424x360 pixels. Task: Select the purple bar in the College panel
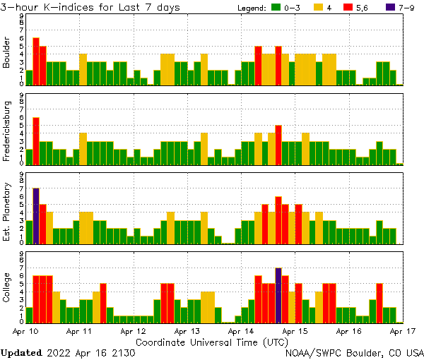click(278, 294)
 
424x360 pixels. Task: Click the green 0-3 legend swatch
click(276, 8)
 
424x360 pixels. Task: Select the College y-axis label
click(7, 287)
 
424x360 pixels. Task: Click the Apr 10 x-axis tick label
click(26, 330)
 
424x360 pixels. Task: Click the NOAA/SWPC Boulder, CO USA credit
click(355, 352)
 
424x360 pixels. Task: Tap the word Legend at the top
click(249, 8)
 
